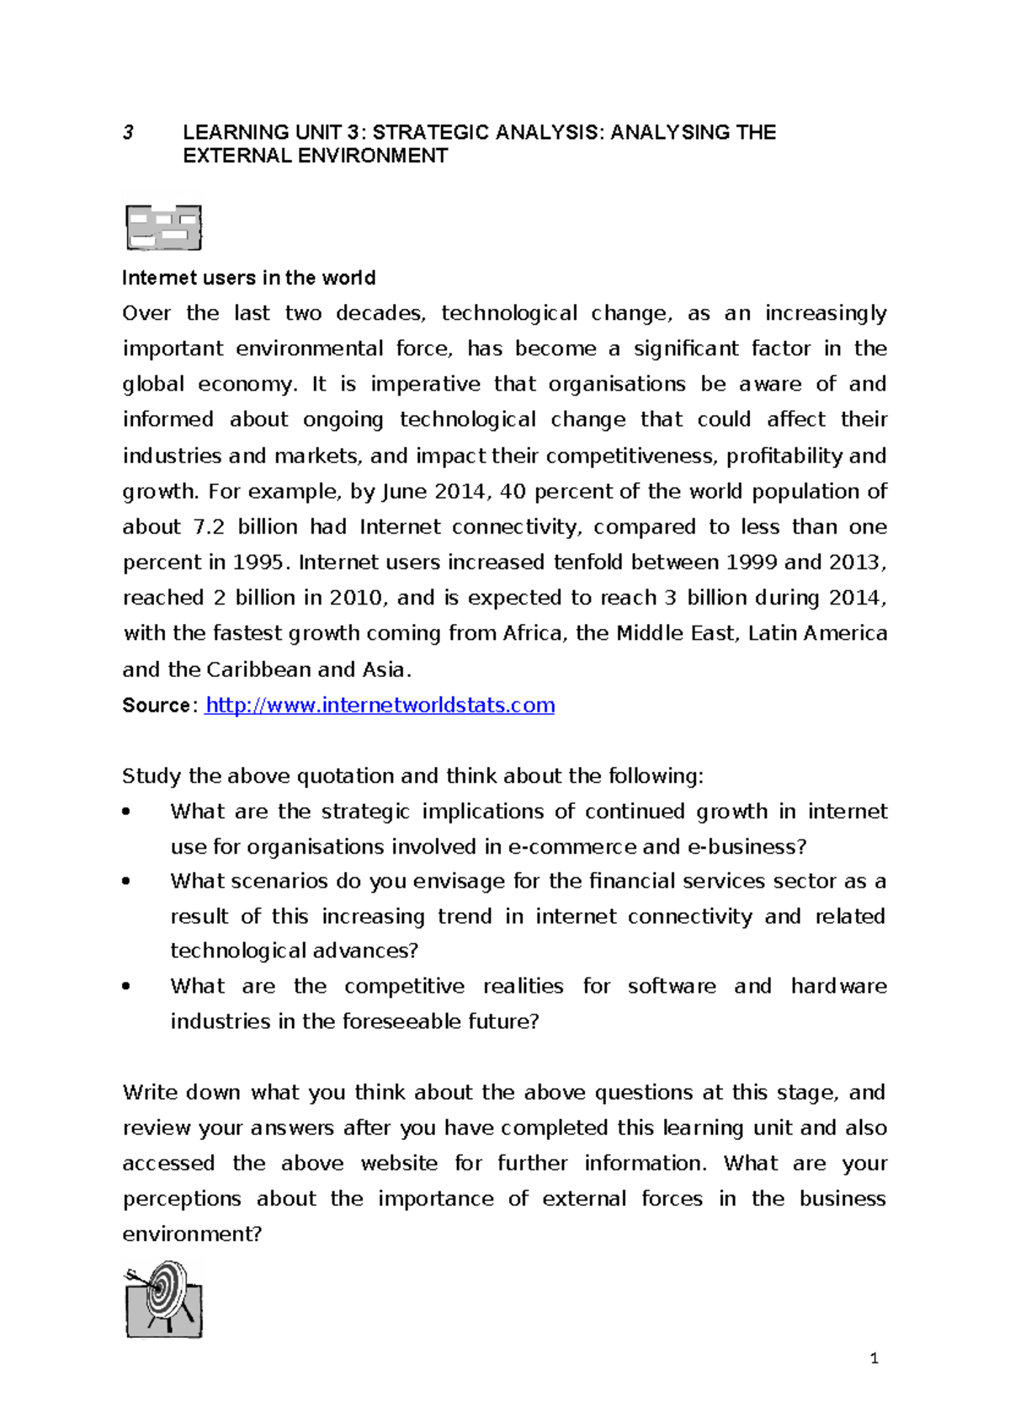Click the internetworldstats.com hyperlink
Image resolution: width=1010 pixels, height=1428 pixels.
tap(380, 705)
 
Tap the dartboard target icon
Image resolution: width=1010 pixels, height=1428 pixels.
tap(165, 1298)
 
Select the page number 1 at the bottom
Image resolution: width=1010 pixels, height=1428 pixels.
tap(874, 1357)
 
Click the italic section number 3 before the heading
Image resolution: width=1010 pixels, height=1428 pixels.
tap(128, 132)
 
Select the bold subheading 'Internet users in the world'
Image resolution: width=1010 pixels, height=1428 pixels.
tap(248, 278)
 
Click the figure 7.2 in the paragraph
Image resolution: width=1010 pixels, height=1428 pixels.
tap(209, 526)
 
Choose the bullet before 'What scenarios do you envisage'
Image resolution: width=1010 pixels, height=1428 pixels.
tap(126, 882)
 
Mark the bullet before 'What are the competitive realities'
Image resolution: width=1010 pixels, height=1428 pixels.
tap(126, 986)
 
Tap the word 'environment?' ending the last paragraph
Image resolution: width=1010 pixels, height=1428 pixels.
tap(192, 1234)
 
